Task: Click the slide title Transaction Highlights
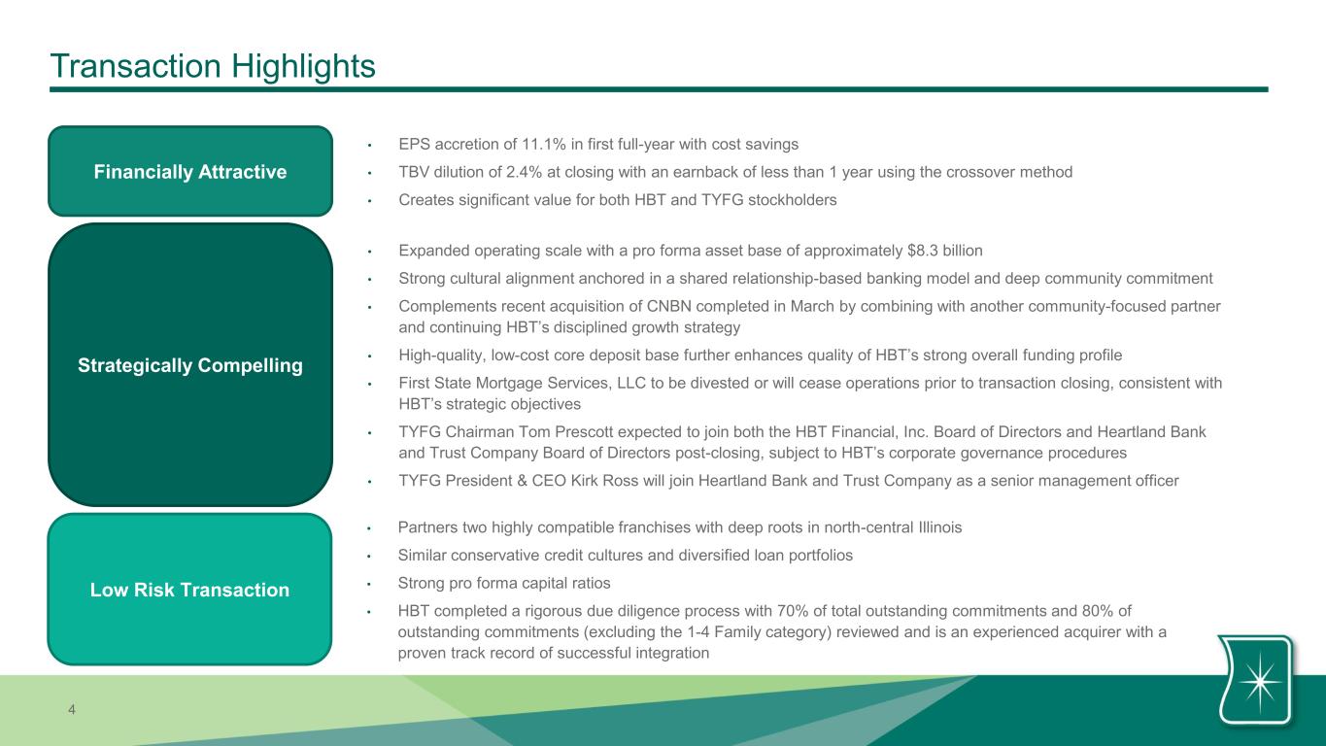pos(213,66)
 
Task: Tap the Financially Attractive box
pos(190,171)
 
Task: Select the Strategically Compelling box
pos(190,364)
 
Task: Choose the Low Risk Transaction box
pos(190,589)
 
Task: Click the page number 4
pos(72,709)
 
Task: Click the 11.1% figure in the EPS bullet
pos(543,145)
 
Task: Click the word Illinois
pos(940,527)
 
